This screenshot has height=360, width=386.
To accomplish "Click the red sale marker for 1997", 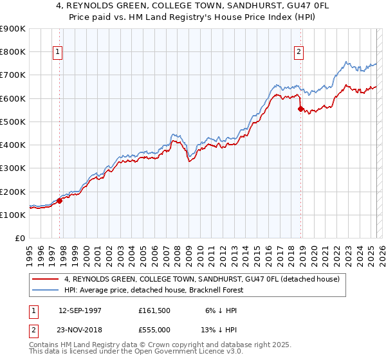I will [x=60, y=201].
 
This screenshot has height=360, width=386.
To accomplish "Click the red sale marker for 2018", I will [x=300, y=109].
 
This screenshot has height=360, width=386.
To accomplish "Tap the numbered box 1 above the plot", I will [x=58, y=53].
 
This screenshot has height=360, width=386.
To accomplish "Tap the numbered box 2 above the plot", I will [x=299, y=53].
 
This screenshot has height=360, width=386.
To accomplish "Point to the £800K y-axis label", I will [x=13, y=52].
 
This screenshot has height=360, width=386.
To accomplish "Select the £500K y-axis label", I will [x=13, y=122].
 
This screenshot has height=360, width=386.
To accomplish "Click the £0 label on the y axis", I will [x=20, y=238].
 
